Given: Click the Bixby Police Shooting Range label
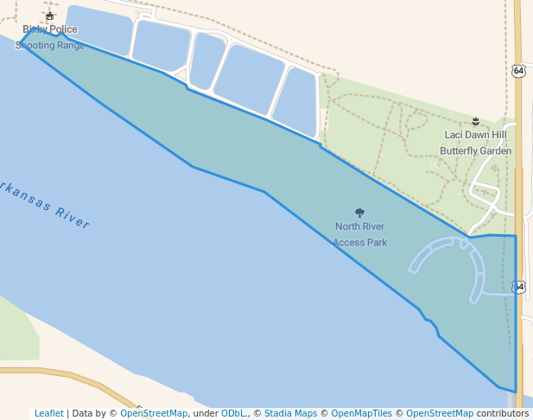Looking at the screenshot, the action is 50,37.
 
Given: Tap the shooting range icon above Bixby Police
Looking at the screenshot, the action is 50,16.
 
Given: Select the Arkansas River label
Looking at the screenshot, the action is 43,205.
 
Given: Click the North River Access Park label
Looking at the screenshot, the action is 359,234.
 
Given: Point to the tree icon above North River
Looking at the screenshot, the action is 359,213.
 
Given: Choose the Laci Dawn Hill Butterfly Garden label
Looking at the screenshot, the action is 475,143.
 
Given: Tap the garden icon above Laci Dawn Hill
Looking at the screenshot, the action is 476,119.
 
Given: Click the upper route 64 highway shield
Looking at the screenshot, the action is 517,70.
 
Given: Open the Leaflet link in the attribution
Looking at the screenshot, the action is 49,413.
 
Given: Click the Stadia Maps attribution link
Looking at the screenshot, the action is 290,413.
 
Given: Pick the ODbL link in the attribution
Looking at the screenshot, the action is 234,413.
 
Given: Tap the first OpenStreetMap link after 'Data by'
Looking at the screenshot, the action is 154,413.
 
